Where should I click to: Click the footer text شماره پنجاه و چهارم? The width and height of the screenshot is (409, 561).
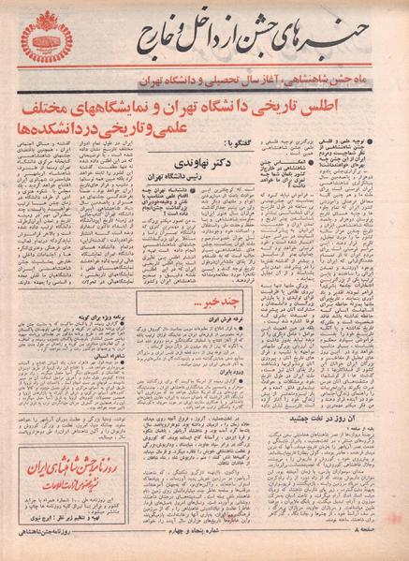203,548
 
